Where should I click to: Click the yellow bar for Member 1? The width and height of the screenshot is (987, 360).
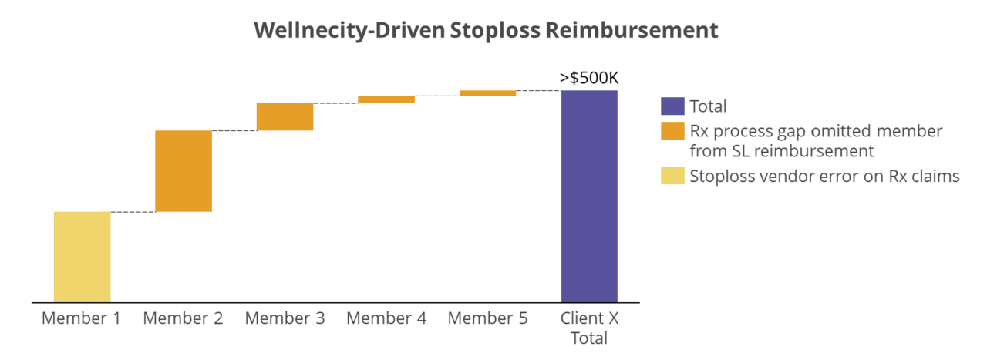[82, 256]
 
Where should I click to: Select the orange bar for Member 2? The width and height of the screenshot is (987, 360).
[184, 170]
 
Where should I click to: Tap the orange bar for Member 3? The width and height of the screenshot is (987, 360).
[285, 116]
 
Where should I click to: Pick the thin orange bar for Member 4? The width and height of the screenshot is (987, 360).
[386, 99]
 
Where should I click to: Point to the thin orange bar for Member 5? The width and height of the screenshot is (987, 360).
[487, 93]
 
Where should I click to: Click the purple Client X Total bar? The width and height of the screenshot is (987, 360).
[589, 196]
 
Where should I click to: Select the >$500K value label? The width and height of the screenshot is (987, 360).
[589, 78]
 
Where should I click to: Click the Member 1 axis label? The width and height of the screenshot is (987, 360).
[82, 318]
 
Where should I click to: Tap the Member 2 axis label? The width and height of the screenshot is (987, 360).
[184, 318]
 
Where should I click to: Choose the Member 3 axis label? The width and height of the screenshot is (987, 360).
[285, 318]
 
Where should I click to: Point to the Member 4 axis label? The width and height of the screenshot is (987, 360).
[386, 318]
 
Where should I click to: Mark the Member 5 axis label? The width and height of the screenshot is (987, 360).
[487, 318]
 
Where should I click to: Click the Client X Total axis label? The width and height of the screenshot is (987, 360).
[589, 328]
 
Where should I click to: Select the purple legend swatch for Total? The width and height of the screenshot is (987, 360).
[672, 106]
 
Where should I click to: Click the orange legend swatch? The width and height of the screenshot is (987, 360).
[672, 131]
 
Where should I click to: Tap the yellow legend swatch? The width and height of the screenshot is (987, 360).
[672, 176]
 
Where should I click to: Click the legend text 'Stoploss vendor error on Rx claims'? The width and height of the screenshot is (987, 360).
[824, 176]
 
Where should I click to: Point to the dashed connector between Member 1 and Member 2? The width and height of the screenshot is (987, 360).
[133, 211]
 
